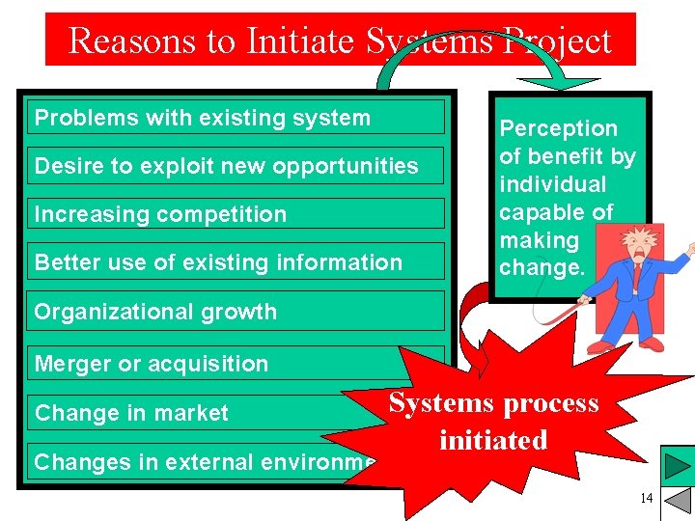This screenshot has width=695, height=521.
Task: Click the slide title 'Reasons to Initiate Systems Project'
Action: click(340, 41)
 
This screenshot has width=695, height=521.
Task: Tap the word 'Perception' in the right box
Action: click(558, 128)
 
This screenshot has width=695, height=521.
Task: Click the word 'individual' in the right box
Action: click(552, 184)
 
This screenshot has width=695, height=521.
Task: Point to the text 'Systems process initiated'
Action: click(493, 422)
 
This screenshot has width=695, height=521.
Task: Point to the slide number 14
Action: click(646, 498)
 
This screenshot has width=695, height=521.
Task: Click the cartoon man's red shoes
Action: click(618, 345)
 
